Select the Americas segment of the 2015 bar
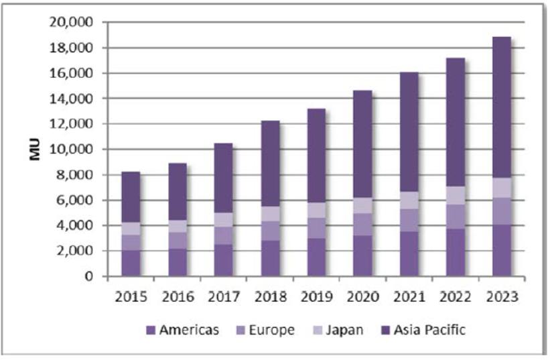[x=131, y=262]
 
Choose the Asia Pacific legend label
[x=428, y=331]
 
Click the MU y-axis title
[x=35, y=149]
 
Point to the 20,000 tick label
[x=70, y=23]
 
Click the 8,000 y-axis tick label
[x=74, y=175]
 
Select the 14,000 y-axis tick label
[x=70, y=99]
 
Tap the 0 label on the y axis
[x=89, y=276]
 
